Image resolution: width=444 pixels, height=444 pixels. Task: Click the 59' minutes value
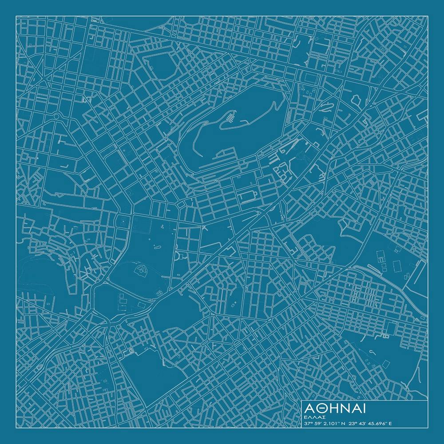(x=319, y=424)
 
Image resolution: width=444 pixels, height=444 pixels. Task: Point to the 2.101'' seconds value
(x=333, y=424)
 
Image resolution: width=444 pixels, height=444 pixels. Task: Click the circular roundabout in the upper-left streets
(x=56, y=116)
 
